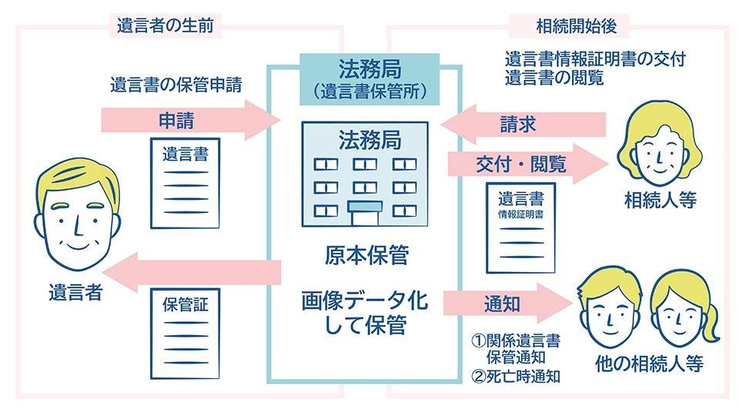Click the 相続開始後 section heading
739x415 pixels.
pyautogui.click(x=570, y=25)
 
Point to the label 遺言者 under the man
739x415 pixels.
pyautogui.click(x=75, y=292)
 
